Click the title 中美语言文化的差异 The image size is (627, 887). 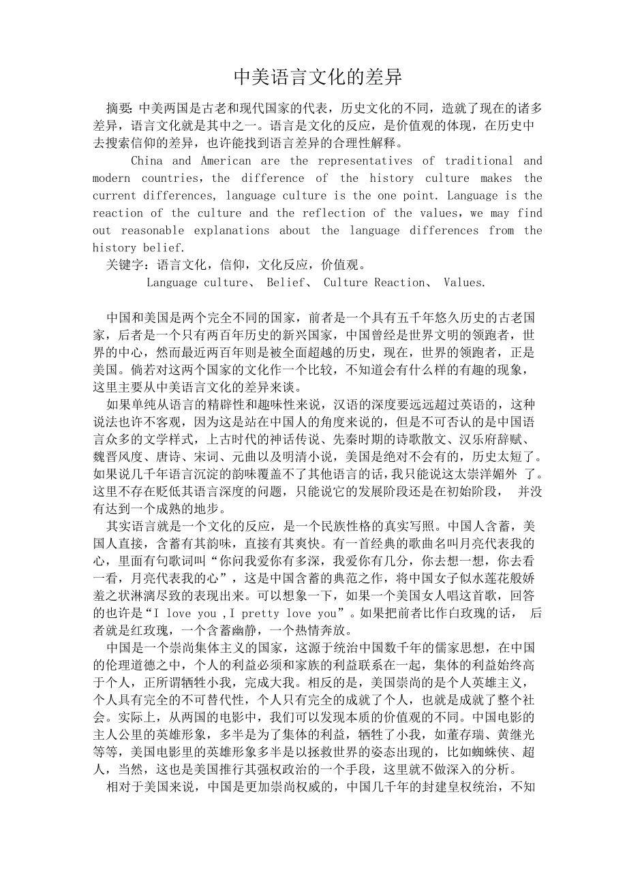point(318,77)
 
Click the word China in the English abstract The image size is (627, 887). point(147,161)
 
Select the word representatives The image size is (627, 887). point(366,161)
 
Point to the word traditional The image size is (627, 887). point(478,161)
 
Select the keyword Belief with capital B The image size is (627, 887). point(284,283)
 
